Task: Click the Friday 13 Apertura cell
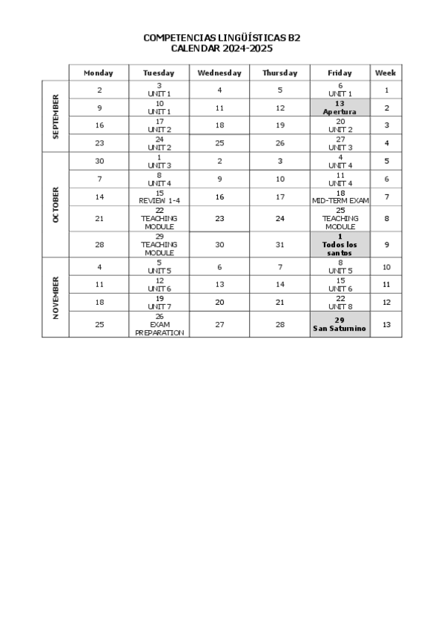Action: tap(340, 108)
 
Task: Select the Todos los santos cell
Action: tap(340, 245)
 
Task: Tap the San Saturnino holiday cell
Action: tap(340, 324)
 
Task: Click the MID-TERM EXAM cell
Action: tap(340, 197)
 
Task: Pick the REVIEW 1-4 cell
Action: tap(159, 197)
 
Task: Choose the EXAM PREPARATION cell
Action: tap(159, 324)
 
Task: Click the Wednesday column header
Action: tap(219, 73)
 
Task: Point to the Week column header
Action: tap(385, 73)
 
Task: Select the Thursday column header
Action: tap(279, 73)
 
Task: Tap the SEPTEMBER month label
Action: tap(56, 116)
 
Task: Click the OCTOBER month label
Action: tap(56, 205)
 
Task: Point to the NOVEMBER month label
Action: tap(56, 297)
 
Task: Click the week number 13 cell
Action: tap(386, 324)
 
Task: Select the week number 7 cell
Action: tap(386, 197)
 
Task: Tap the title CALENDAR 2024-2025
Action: tap(222, 48)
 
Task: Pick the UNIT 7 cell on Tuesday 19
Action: tap(159, 302)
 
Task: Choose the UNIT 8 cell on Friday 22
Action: tap(340, 302)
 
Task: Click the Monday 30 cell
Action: tap(99, 161)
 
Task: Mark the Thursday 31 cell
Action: tap(279, 245)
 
